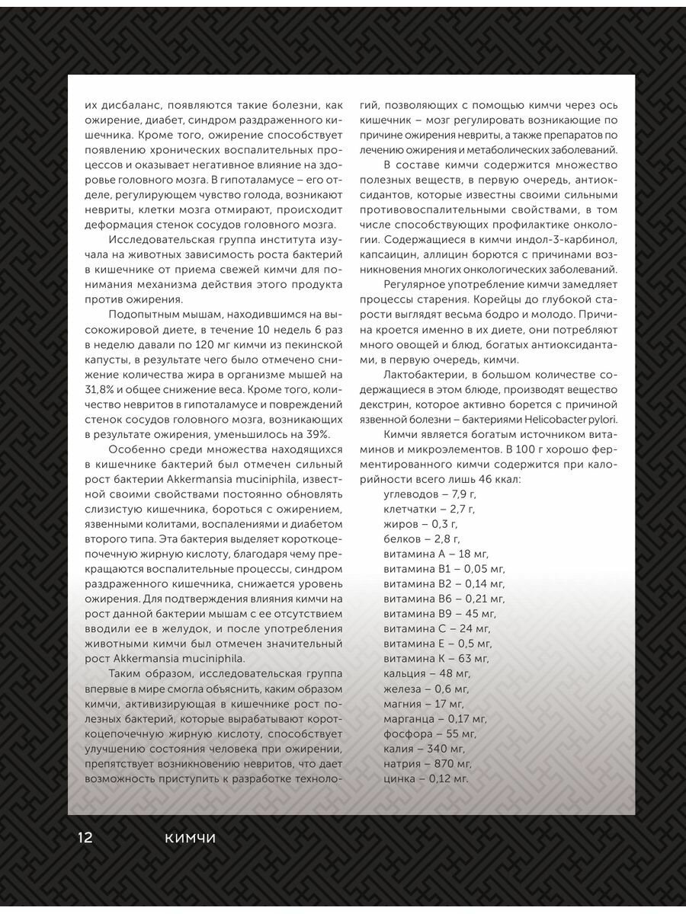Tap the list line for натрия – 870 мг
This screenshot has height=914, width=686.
pyautogui.click(x=428, y=763)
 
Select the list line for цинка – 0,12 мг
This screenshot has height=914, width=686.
pyautogui.click(x=425, y=778)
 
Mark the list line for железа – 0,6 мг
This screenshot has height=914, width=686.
pyautogui.click(x=424, y=689)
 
